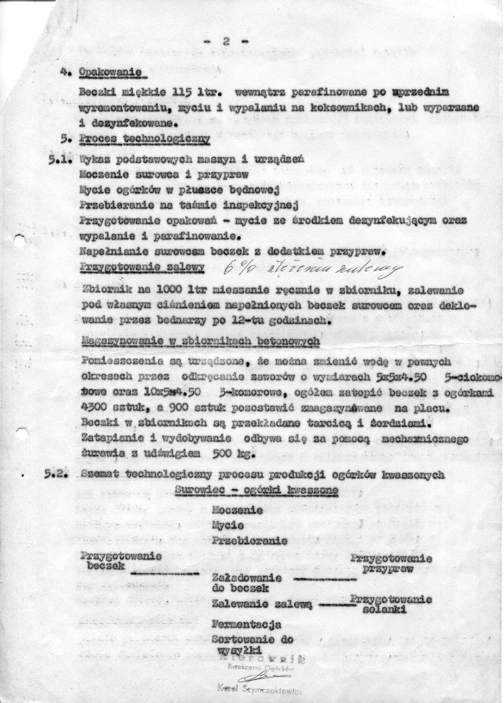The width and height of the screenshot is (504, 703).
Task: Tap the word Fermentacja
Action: coord(247,624)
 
